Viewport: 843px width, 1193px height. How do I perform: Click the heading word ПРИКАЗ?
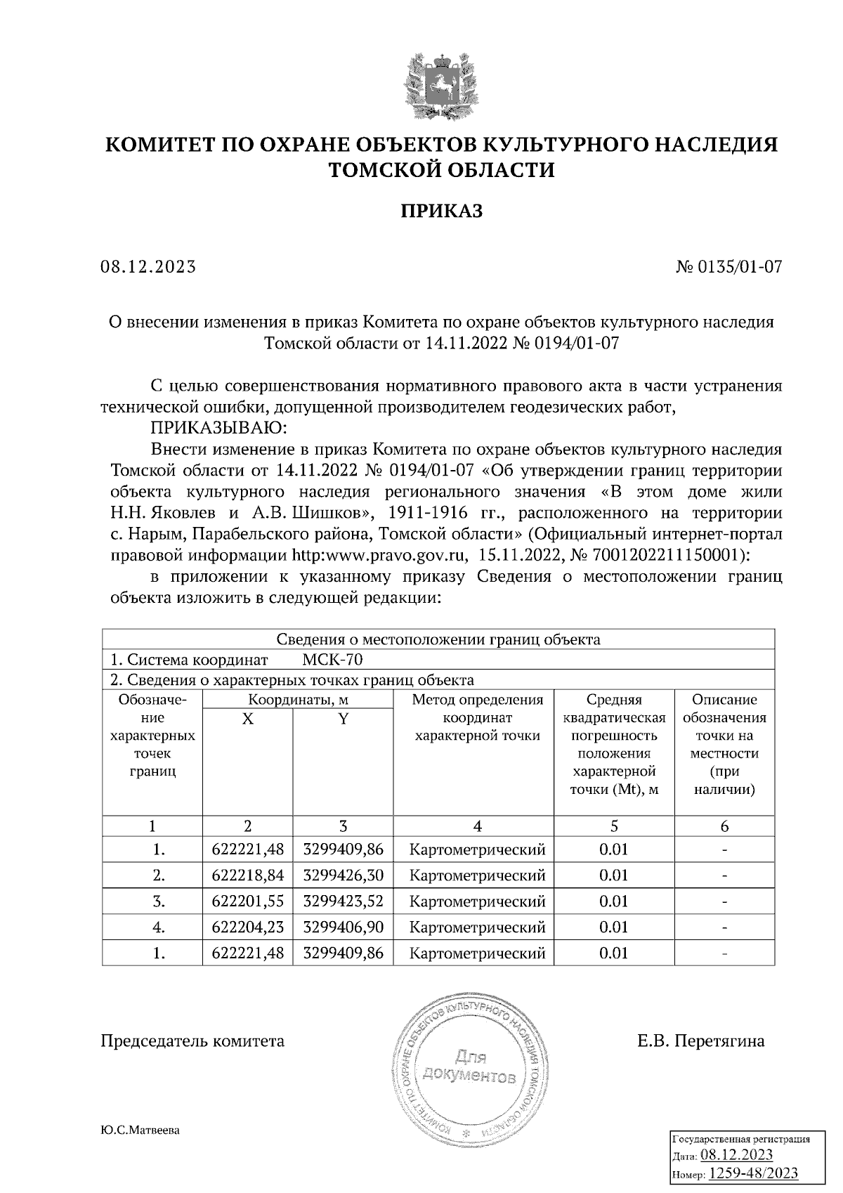pos(442,210)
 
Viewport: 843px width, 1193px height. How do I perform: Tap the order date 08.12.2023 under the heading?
pos(148,267)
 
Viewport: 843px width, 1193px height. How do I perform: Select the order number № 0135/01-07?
pos(728,267)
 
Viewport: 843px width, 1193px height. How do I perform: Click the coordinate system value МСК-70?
pos(332,660)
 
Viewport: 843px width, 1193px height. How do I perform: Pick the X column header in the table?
pos(247,719)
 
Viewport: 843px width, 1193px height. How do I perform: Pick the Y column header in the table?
pos(343,719)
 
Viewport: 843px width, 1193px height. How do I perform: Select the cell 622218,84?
pos(247,875)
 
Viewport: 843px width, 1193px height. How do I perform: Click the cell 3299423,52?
pos(343,901)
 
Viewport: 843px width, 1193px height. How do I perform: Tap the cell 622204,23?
pos(247,927)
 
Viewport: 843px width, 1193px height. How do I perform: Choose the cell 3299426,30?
pos(343,875)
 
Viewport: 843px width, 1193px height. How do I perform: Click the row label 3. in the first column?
pos(159,901)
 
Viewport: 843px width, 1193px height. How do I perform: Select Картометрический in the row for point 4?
pos(477,927)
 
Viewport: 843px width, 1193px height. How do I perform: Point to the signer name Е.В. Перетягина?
pos(700,1041)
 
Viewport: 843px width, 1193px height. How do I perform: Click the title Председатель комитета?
pos(193,1041)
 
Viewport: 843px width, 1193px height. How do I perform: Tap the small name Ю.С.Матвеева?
pos(140,1131)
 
